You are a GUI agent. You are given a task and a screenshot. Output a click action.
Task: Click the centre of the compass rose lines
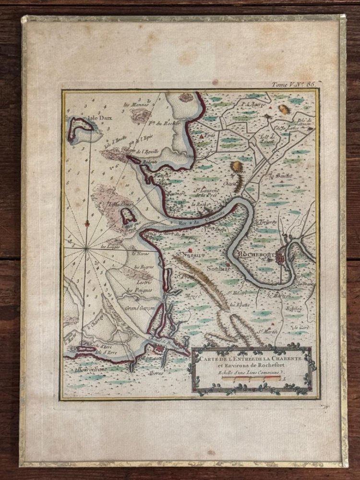point(86,248)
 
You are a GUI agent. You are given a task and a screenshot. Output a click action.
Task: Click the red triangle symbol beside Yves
point(201,137)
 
